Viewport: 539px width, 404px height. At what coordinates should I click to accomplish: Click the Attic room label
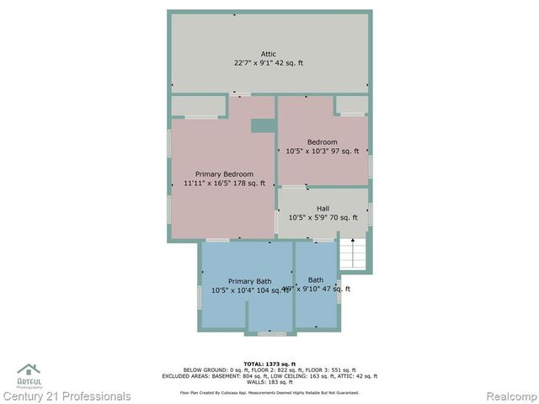tap(269, 54)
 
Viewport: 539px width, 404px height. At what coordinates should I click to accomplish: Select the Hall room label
tap(323, 209)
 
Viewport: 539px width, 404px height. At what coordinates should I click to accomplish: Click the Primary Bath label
tap(249, 281)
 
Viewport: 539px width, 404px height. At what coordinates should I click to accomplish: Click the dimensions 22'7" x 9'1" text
tap(269, 63)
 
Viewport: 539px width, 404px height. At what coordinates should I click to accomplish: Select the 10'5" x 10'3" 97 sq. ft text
tap(323, 151)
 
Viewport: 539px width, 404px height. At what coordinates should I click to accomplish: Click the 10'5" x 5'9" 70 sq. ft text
tap(323, 218)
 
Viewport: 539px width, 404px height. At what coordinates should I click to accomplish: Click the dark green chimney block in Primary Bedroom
tap(263, 125)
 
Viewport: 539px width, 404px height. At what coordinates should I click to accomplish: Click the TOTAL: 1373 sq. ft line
tap(269, 364)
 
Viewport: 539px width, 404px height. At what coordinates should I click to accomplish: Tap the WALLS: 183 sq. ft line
tap(269, 382)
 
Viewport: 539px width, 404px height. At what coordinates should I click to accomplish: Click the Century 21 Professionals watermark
tap(67, 396)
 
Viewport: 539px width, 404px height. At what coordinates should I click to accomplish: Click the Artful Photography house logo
tap(29, 371)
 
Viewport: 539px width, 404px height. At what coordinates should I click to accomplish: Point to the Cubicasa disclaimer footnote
tap(269, 392)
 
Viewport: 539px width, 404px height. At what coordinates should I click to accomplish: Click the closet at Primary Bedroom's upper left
tap(199, 106)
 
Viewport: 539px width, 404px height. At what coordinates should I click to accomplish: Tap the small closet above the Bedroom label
tap(352, 104)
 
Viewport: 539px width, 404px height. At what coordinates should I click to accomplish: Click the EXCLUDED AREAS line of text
tap(269, 376)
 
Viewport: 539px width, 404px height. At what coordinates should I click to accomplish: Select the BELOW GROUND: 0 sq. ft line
tap(269, 370)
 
